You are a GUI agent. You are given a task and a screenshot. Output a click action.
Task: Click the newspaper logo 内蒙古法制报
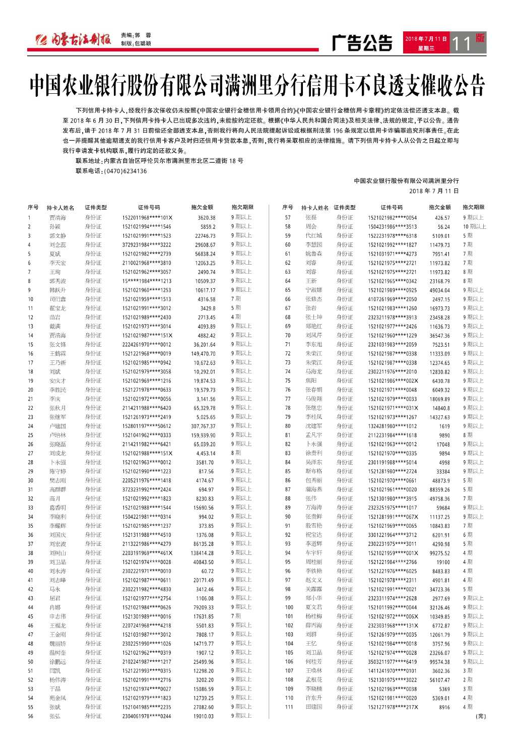73,40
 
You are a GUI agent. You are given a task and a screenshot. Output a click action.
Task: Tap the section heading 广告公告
362,43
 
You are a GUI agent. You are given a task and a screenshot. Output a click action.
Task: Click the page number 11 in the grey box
462,44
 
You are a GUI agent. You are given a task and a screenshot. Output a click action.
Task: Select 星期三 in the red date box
426,48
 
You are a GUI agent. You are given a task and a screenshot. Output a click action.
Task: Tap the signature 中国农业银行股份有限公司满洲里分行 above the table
406,180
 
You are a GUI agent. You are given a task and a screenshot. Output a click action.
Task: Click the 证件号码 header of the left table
149,207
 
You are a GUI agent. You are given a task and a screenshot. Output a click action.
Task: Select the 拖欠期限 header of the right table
473,207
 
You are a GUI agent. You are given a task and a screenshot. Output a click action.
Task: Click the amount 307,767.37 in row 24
204,426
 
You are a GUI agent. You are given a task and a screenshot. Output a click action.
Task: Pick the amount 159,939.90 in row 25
204,435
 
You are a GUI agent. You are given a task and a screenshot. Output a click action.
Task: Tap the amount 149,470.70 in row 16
204,353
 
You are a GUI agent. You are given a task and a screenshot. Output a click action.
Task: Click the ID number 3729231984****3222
147,244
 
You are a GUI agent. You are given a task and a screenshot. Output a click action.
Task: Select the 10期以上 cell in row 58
475,226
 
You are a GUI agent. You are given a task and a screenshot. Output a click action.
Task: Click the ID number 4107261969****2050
392,299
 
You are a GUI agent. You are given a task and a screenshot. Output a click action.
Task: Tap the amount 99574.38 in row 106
439,662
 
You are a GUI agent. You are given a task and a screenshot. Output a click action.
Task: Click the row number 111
289,707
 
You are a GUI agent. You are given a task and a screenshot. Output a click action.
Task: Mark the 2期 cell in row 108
468,679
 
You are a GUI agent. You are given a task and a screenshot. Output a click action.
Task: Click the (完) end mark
480,716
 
